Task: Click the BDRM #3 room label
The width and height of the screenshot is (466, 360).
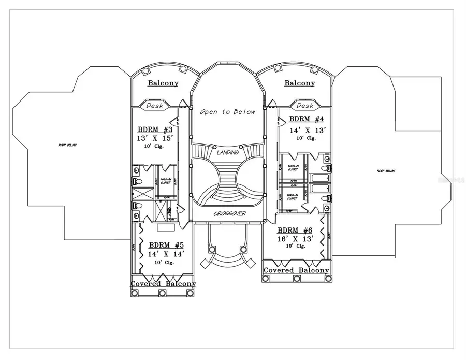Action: coord(155,129)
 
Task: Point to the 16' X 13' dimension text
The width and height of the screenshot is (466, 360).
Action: coord(295,238)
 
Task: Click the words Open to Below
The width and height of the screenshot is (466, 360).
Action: coord(228,112)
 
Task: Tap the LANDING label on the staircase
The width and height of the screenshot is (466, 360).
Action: coord(228,153)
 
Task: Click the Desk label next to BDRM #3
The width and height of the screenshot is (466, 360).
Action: coord(154,106)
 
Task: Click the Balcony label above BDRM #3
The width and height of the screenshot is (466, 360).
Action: coord(163,83)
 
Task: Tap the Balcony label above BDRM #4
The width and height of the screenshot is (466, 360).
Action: coord(300,83)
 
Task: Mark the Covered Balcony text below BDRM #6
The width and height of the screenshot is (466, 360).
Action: coord(296,270)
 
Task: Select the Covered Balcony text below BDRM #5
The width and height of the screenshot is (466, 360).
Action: coord(163,284)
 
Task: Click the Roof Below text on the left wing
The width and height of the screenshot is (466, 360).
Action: coord(67,145)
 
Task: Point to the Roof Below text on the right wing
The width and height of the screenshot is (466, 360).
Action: coord(386,170)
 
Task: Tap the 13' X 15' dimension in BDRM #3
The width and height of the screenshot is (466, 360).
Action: coord(155,138)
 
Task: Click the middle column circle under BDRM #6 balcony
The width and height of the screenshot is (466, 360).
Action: coord(297,279)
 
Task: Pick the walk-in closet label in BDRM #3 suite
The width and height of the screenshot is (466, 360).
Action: coord(166,180)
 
